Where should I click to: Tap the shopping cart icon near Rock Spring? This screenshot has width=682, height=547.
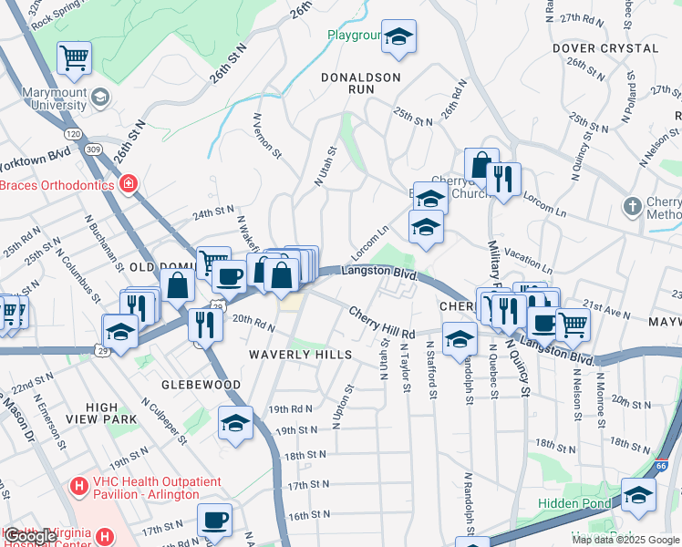tap(74, 58)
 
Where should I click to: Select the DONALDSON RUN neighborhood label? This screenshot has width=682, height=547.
tap(361, 85)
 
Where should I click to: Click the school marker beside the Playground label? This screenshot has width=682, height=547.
tap(398, 37)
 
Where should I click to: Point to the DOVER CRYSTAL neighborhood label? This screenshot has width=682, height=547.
tap(597, 48)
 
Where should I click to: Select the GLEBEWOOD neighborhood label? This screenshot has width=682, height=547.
tap(201, 385)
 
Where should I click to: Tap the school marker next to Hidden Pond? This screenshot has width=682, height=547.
tap(639, 496)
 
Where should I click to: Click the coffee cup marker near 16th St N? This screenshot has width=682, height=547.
tap(214, 520)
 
